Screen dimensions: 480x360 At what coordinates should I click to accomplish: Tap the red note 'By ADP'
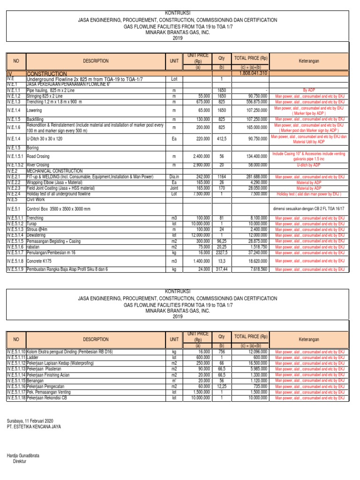tap(310, 90)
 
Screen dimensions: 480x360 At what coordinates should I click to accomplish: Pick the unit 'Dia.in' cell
tap(173, 177)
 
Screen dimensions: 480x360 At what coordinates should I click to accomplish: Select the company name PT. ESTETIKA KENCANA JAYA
tap(34, 427)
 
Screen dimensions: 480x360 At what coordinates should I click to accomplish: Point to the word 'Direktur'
tap(21, 462)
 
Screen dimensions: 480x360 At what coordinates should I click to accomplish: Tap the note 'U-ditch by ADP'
tap(310, 165)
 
